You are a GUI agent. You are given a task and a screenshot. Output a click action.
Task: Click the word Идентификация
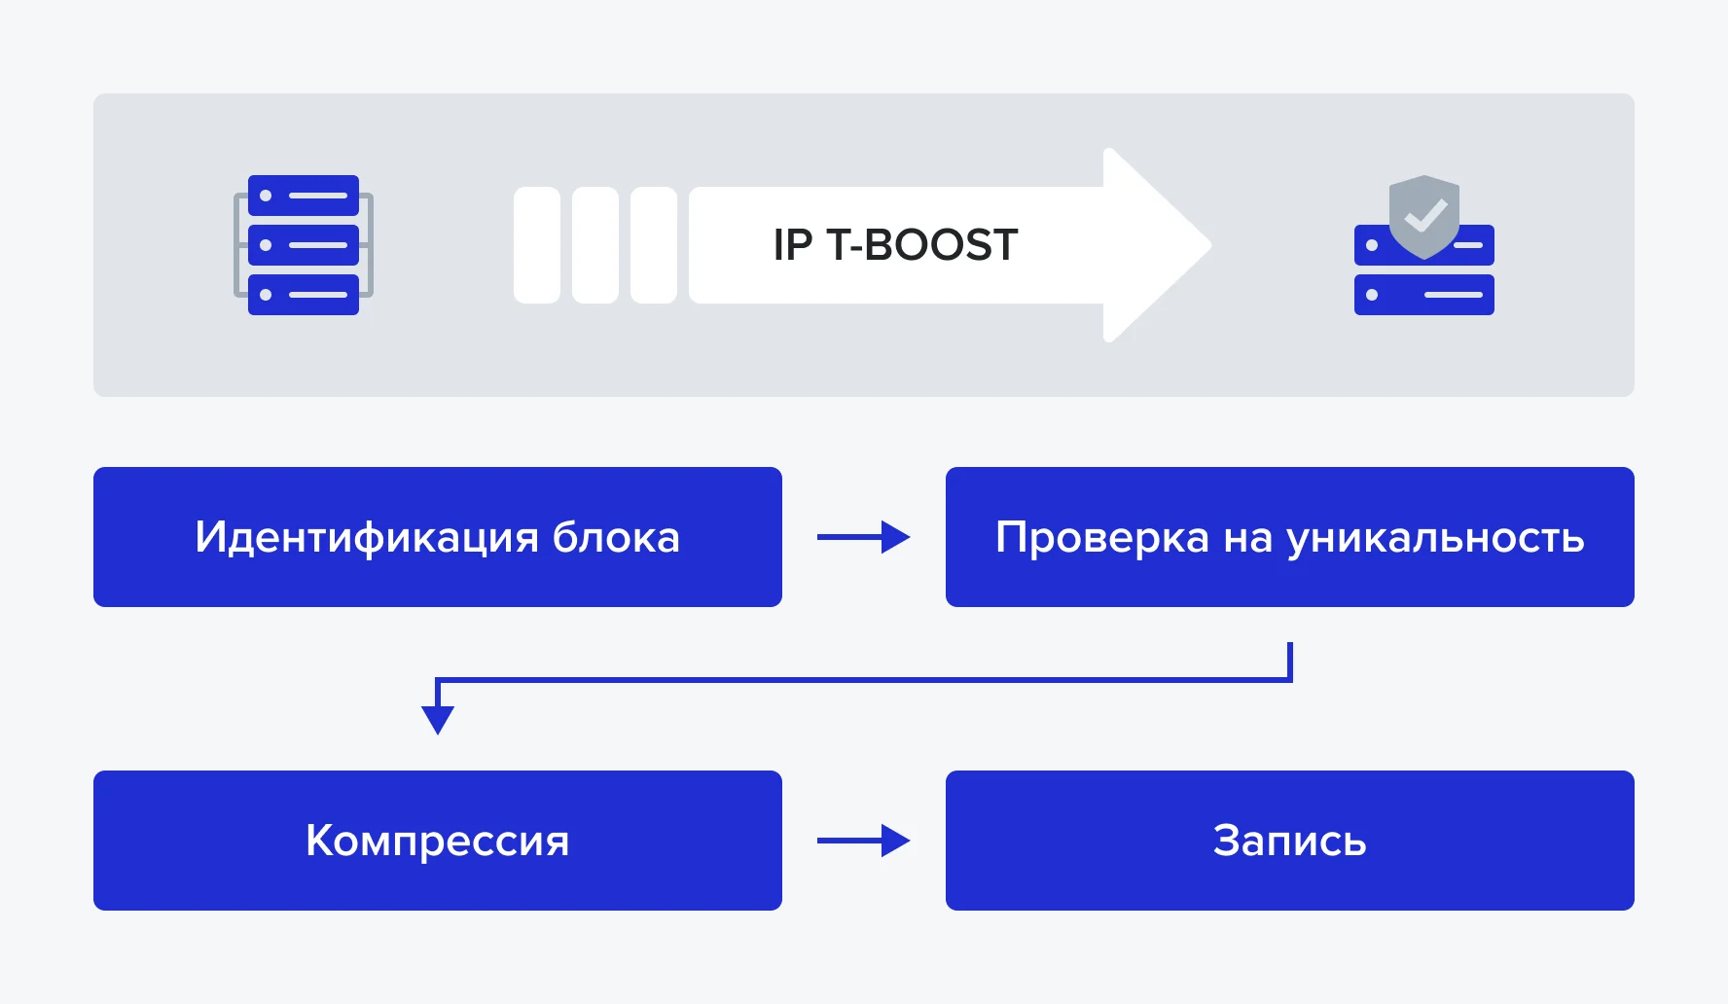[366, 538]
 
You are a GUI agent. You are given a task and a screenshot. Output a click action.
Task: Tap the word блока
[616, 538]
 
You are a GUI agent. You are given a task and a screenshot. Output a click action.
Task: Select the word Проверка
[1102, 538]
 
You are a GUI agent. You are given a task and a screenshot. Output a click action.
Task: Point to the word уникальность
[1435, 538]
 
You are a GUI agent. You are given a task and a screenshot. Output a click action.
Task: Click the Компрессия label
[437, 842]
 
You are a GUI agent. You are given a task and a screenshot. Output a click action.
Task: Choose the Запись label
[1289, 842]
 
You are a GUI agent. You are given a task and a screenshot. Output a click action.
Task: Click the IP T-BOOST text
[895, 245]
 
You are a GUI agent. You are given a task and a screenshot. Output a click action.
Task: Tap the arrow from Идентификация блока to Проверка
[863, 537]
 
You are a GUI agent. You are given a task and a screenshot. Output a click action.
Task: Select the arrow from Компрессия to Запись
[863, 841]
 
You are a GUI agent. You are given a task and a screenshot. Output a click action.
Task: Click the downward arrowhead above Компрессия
[438, 719]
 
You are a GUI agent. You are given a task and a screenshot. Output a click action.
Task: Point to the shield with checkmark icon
[1424, 215]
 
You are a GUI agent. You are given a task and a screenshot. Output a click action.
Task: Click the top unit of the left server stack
[304, 196]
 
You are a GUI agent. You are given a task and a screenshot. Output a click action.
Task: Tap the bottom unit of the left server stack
[304, 295]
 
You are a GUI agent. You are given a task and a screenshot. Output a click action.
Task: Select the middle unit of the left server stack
[304, 245]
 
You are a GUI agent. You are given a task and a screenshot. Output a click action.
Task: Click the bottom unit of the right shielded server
[1423, 295]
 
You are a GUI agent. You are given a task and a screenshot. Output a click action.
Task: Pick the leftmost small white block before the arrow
[537, 245]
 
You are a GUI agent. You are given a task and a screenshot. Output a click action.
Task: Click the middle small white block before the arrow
[595, 245]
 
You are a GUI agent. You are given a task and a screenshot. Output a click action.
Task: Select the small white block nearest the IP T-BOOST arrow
[654, 245]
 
